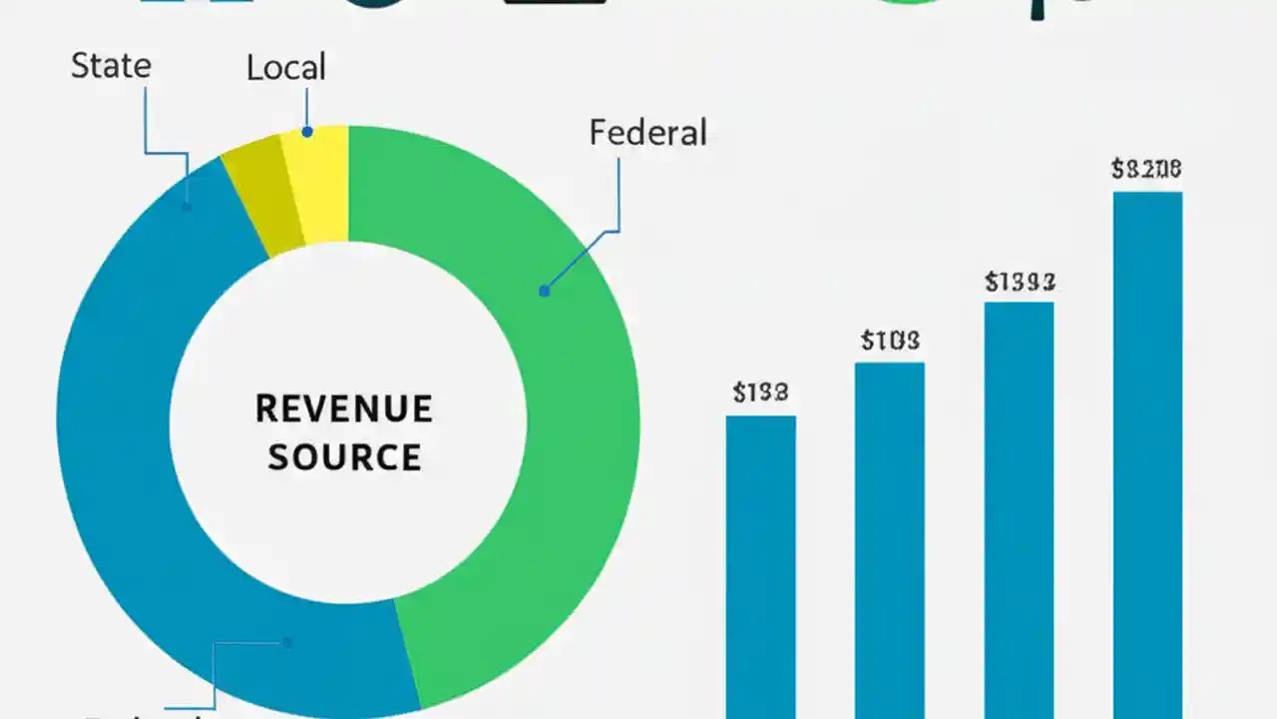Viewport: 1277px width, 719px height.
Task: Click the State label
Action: pyautogui.click(x=111, y=66)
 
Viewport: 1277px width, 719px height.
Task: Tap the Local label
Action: pyautogui.click(x=285, y=68)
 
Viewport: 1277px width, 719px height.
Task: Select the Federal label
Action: pyautogui.click(x=647, y=133)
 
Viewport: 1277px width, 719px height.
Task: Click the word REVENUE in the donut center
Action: pyautogui.click(x=343, y=408)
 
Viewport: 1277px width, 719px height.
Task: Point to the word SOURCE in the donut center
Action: pyautogui.click(x=344, y=457)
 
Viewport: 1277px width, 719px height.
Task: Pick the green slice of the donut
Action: pyautogui.click(x=559, y=419)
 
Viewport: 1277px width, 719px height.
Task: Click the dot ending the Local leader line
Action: pyautogui.click(x=307, y=132)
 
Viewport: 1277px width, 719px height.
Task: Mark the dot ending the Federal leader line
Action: pyautogui.click(x=544, y=292)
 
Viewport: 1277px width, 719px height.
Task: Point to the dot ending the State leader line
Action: pyautogui.click(x=187, y=207)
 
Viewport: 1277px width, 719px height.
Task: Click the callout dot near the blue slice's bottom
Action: pyautogui.click(x=287, y=643)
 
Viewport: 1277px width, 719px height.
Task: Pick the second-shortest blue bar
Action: pyautogui.click(x=889, y=539)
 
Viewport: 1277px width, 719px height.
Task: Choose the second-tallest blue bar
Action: pyautogui.click(x=1019, y=509)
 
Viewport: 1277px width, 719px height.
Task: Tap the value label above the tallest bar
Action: pyautogui.click(x=1146, y=170)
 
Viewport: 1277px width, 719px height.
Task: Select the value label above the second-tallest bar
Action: pyautogui.click(x=1020, y=283)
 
